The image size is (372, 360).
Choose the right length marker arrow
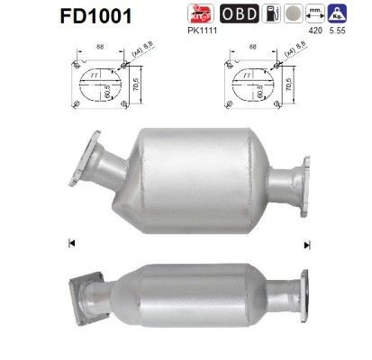pos(307,244)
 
